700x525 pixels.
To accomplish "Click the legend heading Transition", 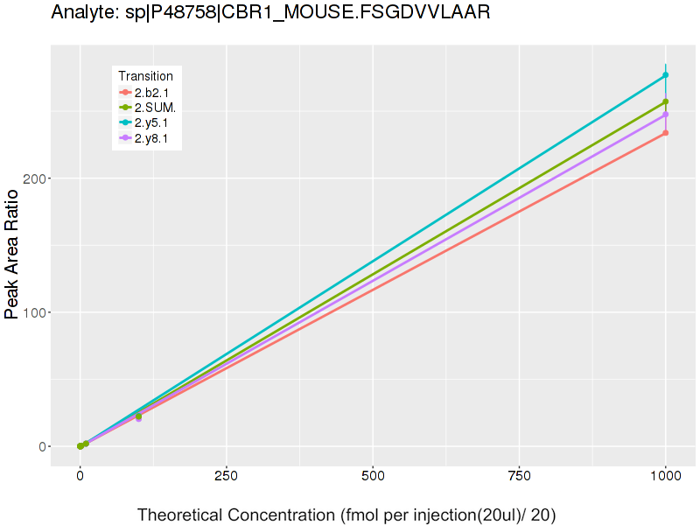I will pos(145,76).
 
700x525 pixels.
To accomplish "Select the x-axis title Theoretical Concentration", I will pos(346,514).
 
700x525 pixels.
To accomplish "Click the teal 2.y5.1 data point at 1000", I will pos(666,75).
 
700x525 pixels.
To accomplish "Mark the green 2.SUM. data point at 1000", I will pos(666,102).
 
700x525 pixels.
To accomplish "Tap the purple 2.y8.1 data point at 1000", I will pos(666,115).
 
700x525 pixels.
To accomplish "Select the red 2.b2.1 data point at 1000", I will pos(666,133).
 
